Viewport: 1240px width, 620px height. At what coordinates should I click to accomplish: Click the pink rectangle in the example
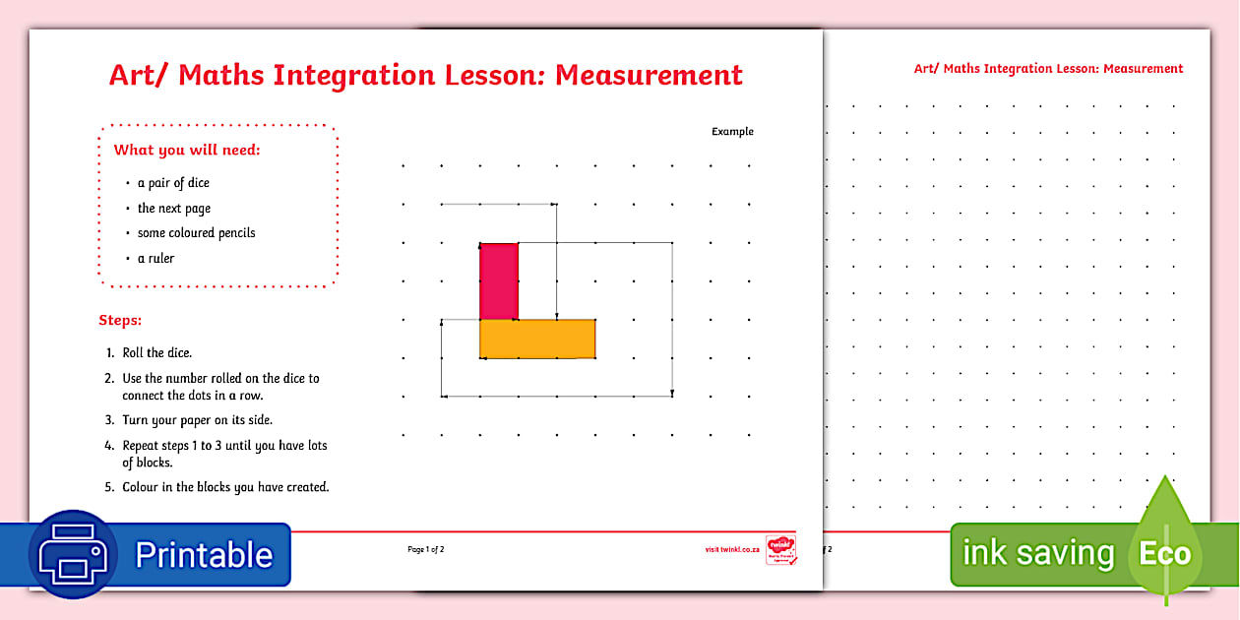point(499,280)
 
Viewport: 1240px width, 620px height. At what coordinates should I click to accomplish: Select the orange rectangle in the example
point(537,339)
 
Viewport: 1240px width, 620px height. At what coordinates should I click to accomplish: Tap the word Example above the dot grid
point(732,132)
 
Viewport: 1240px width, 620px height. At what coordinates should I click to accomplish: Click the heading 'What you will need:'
point(187,151)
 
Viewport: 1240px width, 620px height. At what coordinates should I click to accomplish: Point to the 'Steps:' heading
point(120,321)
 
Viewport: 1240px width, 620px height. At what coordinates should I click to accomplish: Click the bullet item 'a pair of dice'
point(173,183)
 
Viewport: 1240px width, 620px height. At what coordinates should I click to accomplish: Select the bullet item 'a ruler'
point(155,259)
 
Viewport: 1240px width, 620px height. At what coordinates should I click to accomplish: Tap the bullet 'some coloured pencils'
point(196,233)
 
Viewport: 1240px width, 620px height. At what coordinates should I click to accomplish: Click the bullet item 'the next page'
point(174,209)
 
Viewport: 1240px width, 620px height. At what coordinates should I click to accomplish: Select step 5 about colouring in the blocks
point(225,487)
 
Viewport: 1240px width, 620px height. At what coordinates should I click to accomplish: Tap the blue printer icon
point(75,555)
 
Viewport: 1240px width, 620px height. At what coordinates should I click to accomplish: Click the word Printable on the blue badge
point(204,555)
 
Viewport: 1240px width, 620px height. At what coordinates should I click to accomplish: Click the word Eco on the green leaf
point(1165,554)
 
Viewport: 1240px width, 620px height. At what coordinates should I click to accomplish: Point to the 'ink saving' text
point(1037,554)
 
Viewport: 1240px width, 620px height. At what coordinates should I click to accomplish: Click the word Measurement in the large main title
point(649,75)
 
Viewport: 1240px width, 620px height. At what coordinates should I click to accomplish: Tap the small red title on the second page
point(1048,69)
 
